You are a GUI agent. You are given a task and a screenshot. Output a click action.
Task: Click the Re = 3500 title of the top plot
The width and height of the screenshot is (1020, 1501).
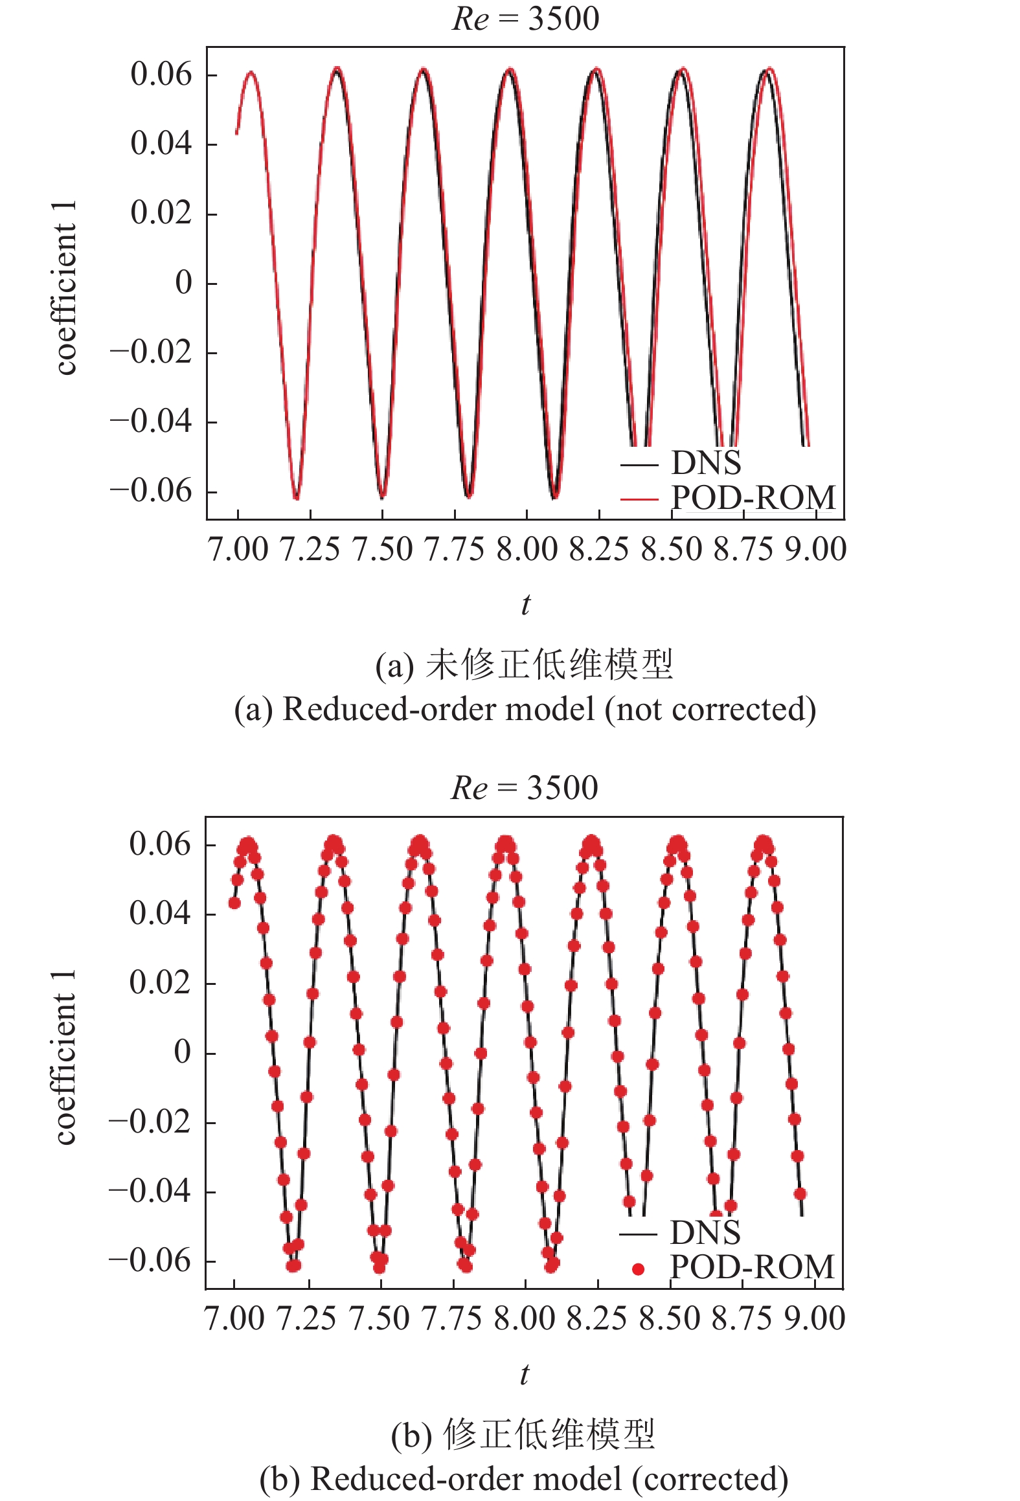[x=525, y=18]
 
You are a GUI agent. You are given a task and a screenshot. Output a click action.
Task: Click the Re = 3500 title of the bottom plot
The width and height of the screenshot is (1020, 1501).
[x=524, y=787]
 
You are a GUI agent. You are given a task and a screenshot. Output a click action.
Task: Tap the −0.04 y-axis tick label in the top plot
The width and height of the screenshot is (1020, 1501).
[x=152, y=422]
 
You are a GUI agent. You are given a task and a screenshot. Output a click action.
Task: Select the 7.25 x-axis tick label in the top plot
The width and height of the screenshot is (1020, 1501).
[x=310, y=549]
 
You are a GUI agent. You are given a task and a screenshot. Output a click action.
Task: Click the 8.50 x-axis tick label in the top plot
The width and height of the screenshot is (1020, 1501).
[x=672, y=549]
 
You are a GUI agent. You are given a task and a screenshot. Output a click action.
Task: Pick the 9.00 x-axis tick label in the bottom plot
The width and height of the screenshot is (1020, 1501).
[x=815, y=1318]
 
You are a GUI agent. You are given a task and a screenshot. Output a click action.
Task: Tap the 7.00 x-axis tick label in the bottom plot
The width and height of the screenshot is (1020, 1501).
[x=234, y=1318]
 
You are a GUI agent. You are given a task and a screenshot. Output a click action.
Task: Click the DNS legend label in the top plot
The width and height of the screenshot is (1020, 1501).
[x=706, y=463]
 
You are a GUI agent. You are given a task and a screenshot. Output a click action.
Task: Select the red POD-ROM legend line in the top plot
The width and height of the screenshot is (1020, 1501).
[x=639, y=499]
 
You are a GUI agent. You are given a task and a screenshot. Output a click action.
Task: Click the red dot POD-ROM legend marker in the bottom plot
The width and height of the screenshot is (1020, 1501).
[x=638, y=1269]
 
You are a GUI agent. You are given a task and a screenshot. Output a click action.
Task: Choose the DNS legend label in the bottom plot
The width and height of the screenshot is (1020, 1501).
[x=705, y=1232]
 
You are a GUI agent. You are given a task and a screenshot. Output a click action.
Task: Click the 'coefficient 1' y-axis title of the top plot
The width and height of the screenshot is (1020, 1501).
[x=65, y=287]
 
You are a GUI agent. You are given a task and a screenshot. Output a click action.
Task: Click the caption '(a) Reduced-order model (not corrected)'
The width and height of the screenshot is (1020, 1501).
[x=525, y=709]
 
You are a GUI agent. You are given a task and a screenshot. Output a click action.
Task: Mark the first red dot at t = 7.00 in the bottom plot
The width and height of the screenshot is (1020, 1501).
[x=234, y=903]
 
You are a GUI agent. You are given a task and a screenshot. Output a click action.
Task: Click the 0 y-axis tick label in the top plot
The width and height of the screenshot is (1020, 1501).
[x=184, y=283]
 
